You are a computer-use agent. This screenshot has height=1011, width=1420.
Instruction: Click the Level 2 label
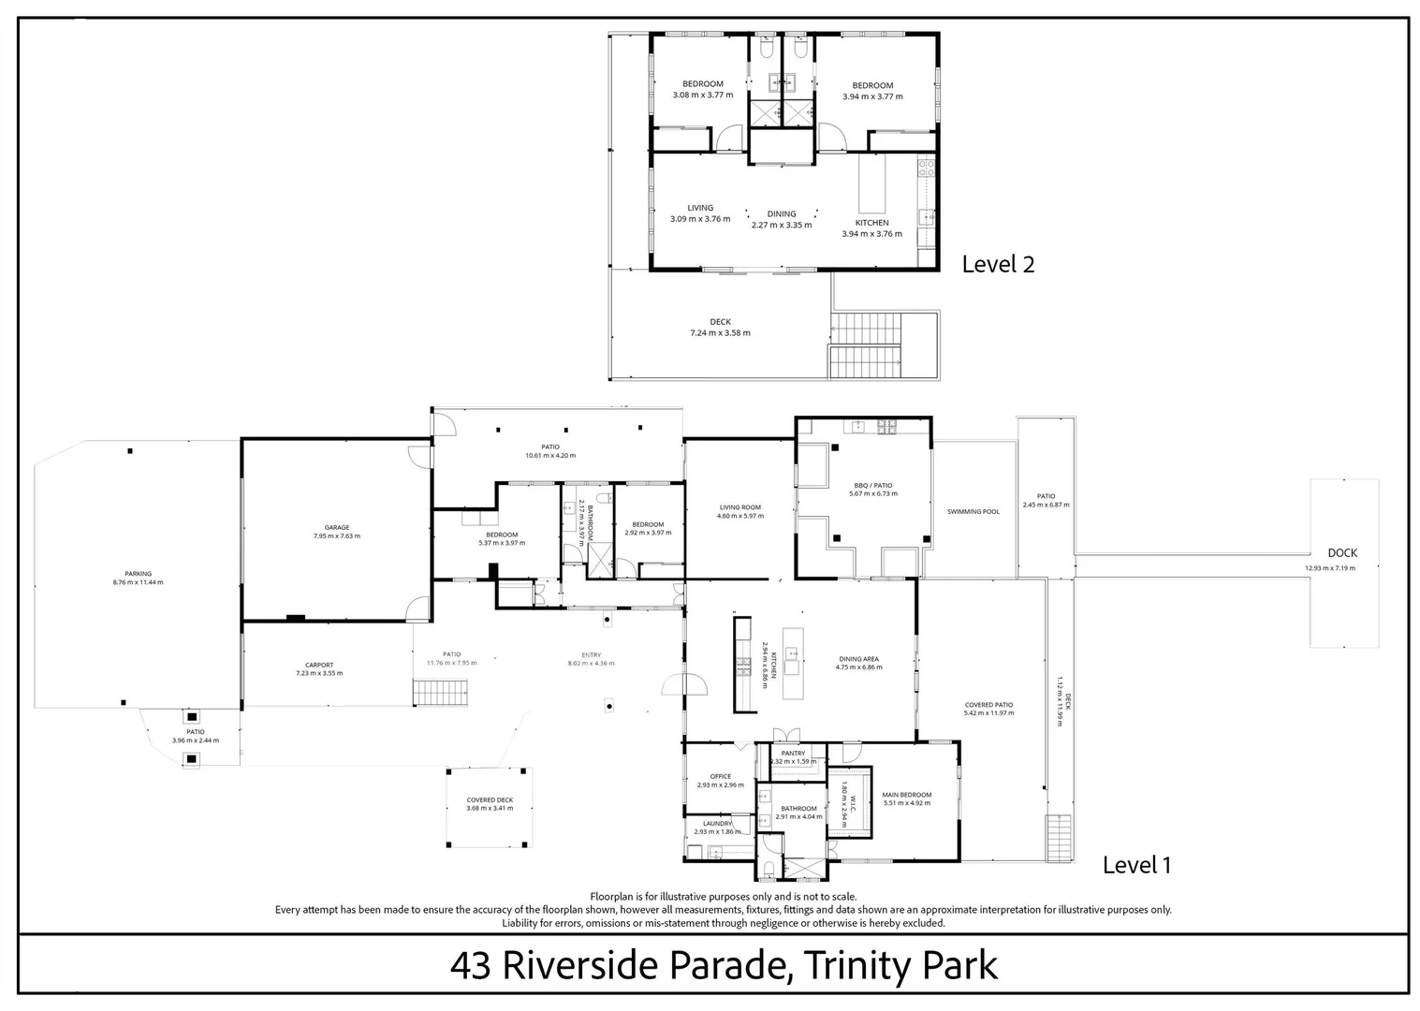(998, 265)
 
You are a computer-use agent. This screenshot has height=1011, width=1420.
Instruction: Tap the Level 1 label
(1136, 866)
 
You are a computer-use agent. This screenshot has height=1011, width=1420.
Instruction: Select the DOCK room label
(1342, 553)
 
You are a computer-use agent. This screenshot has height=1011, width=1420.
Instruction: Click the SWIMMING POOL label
(974, 512)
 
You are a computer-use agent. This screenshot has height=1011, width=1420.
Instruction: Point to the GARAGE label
(336, 528)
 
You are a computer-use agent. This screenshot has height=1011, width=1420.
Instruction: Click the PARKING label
(138, 574)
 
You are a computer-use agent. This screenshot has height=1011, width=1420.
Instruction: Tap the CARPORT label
(319, 666)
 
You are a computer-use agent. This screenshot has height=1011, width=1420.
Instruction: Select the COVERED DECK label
(490, 800)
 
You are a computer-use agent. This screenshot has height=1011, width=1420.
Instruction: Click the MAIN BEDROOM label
(906, 796)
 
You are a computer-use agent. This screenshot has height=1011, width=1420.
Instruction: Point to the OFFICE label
(720, 777)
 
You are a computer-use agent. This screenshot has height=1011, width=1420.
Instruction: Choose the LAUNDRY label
(717, 824)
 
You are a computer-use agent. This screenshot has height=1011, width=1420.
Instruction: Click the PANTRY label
(793, 754)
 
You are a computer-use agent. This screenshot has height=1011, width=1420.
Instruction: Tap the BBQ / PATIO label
(871, 486)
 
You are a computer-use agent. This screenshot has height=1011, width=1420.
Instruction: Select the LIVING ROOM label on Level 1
(739, 507)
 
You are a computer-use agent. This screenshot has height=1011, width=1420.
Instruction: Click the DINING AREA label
(858, 659)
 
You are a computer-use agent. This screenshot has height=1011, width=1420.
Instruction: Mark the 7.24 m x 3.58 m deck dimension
(720, 333)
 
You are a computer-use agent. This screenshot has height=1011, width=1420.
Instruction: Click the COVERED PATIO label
(988, 705)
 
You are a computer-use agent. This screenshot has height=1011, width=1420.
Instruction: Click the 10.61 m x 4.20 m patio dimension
(550, 456)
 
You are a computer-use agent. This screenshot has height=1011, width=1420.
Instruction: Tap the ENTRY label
(591, 655)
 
